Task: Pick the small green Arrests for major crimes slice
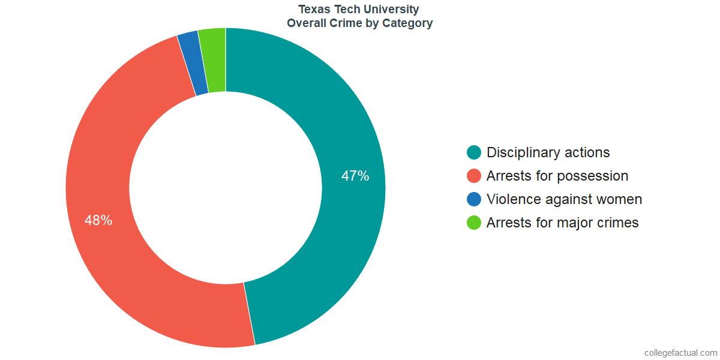pyautogui.click(x=212, y=60)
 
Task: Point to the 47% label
pyautogui.click(x=355, y=176)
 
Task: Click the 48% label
pyautogui.click(x=98, y=220)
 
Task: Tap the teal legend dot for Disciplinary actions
pyautogui.click(x=474, y=152)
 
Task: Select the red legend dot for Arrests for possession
pyautogui.click(x=474, y=176)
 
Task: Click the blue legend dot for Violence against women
pyautogui.click(x=474, y=199)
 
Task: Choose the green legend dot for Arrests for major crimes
pyautogui.click(x=474, y=223)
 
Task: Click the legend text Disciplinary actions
pyautogui.click(x=548, y=152)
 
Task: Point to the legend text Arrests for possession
pyautogui.click(x=557, y=176)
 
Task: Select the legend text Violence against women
pyautogui.click(x=564, y=199)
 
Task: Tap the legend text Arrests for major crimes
pyautogui.click(x=562, y=223)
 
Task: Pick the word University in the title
pyautogui.click(x=393, y=10)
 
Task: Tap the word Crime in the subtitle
pyautogui.click(x=349, y=24)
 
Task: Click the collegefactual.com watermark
pyautogui.click(x=680, y=353)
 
